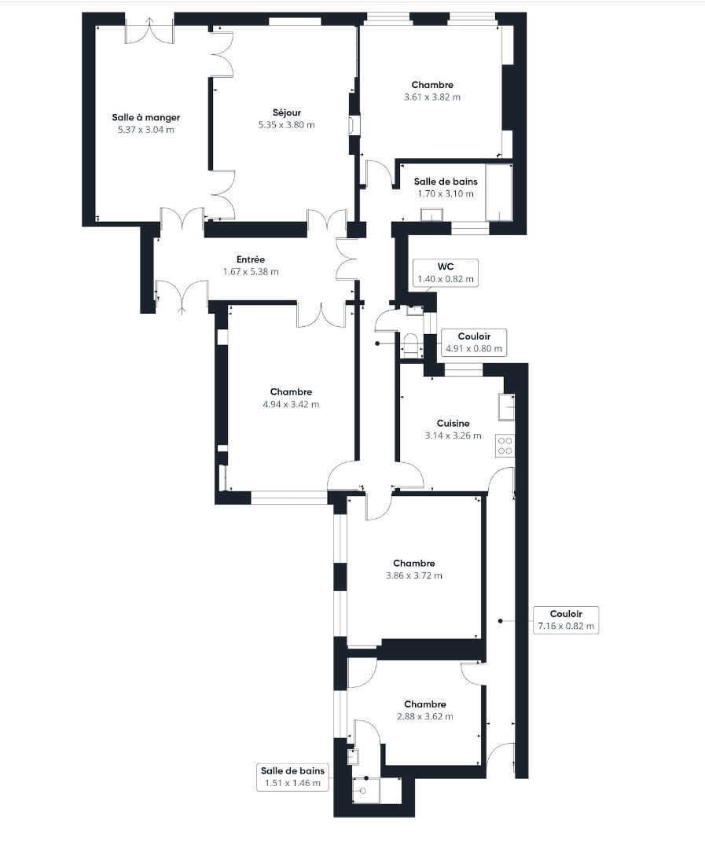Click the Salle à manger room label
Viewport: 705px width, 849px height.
(x=145, y=117)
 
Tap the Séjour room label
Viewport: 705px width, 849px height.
(x=286, y=112)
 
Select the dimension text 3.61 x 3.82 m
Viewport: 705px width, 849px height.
(x=432, y=97)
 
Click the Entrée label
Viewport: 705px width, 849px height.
(x=251, y=260)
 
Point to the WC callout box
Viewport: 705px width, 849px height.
(x=446, y=273)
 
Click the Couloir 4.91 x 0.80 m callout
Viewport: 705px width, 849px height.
(x=474, y=343)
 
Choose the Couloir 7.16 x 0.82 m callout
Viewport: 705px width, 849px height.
(x=566, y=620)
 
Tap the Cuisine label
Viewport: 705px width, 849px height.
(x=453, y=424)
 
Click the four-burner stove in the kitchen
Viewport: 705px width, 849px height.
(x=505, y=446)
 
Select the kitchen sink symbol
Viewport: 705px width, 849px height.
(x=507, y=407)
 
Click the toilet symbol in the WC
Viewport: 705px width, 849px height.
(x=411, y=346)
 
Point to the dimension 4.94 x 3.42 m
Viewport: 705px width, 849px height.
(x=291, y=405)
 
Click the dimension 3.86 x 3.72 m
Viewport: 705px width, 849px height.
(x=413, y=575)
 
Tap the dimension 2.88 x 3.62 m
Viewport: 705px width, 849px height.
(x=425, y=716)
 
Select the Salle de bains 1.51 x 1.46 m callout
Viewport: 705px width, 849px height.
(x=292, y=777)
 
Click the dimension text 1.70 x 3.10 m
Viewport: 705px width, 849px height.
(x=446, y=194)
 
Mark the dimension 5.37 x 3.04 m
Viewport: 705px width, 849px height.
(x=145, y=130)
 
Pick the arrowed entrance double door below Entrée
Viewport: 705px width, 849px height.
(x=182, y=296)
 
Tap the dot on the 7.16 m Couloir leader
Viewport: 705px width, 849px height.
(x=501, y=620)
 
